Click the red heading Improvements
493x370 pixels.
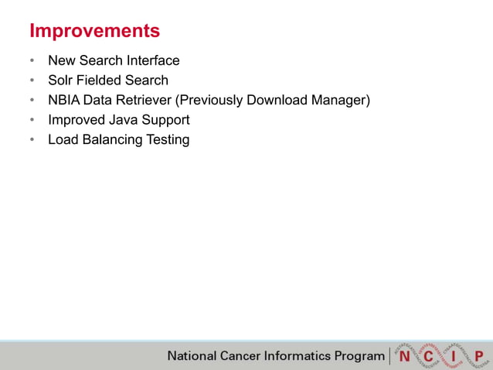pos(94,31)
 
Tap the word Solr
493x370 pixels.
pos(60,81)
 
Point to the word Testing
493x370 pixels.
pos(168,140)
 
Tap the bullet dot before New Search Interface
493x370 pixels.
pos(32,61)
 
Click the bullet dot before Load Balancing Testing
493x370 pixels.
pos(32,141)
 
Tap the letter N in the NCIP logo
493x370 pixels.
pos(404,356)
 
